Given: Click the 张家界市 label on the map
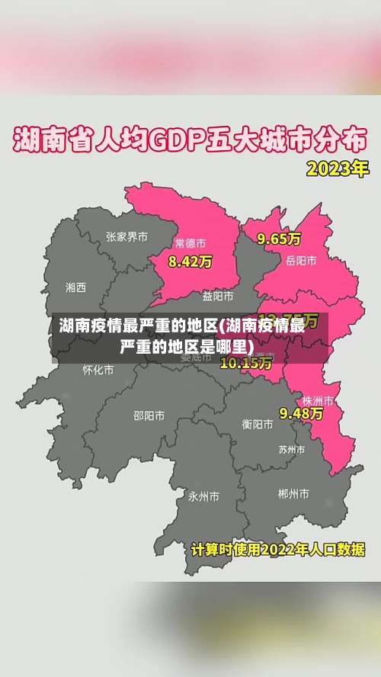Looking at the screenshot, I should [126, 237].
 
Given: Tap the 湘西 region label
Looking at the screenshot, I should [75, 287].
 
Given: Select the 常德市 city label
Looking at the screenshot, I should [190, 244].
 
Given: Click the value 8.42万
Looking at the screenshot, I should [190, 261].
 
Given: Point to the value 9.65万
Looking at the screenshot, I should [279, 239].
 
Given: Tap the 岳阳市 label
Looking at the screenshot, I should [301, 261].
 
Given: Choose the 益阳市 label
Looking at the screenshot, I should [218, 296].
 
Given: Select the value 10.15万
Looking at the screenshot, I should [245, 363].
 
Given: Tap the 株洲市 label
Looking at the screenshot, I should [318, 400].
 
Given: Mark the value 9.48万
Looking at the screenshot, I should [301, 413].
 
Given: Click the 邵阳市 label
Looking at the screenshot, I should [149, 416].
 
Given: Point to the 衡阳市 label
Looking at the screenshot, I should [258, 424].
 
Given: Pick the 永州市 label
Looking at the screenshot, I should [203, 496].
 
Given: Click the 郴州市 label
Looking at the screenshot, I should [293, 494].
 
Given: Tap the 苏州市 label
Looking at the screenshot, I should [292, 449].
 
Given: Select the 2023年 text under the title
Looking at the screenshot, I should [336, 168].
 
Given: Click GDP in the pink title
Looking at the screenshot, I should [181, 142].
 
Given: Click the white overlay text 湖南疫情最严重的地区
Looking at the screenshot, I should [138, 327].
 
